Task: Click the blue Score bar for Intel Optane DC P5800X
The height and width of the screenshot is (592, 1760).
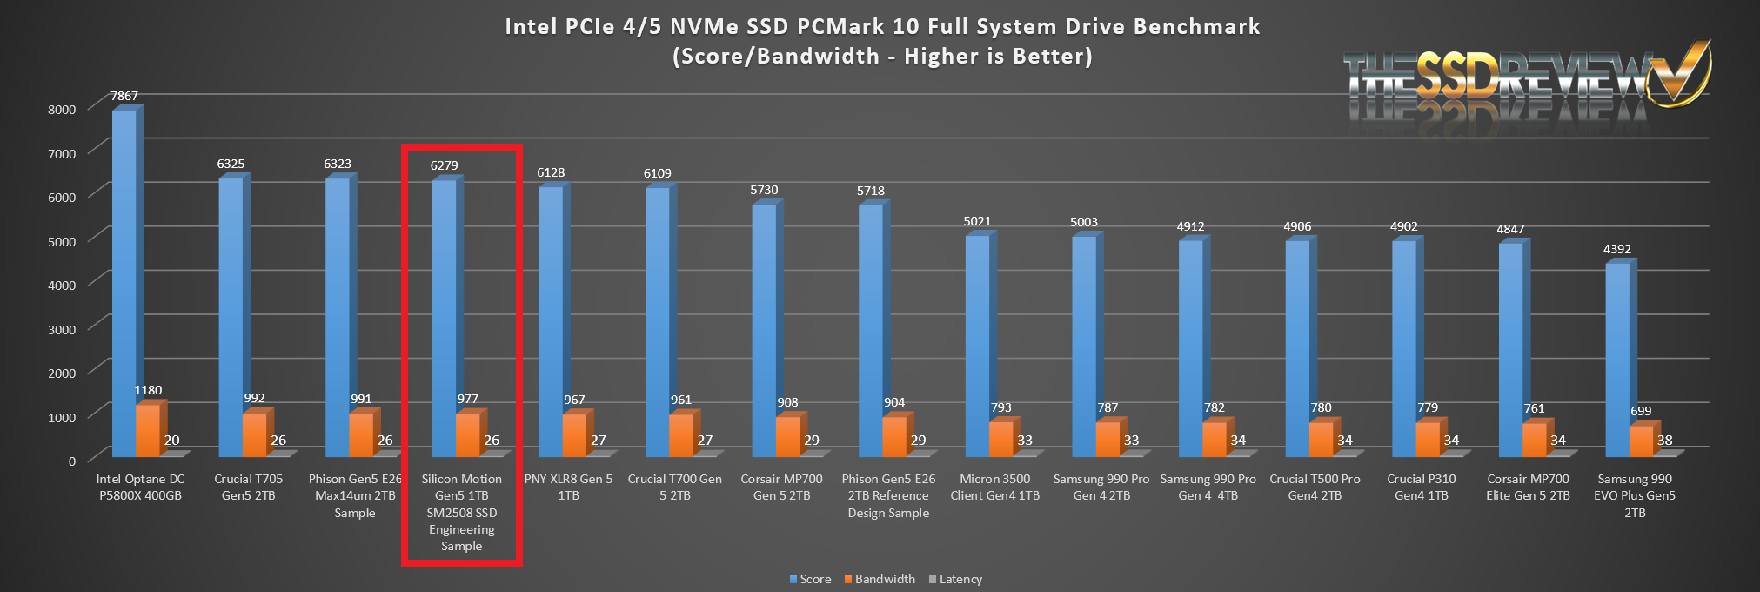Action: point(124,279)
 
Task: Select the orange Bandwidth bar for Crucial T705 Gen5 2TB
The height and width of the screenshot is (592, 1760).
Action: point(254,434)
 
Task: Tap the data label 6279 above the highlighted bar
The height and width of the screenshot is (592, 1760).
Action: point(444,165)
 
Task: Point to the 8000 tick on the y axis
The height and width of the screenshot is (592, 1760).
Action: point(62,110)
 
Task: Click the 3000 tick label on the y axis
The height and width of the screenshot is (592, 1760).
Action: point(62,329)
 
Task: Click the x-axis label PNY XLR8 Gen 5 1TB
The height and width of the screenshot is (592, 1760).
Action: point(568,487)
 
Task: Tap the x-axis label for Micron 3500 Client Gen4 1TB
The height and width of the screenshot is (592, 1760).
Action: point(994,487)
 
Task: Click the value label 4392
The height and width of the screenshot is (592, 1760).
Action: point(1616,249)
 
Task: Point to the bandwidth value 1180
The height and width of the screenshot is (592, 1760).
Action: point(148,390)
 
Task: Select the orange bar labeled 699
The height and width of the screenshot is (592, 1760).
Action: point(1640,441)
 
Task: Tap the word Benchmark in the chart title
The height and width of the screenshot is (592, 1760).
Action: point(1196,27)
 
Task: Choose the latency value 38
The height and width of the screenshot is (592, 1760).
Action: point(1664,440)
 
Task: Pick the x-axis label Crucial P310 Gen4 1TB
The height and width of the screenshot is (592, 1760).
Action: point(1421,487)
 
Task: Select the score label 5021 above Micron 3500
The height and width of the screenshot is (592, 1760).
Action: point(977,222)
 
